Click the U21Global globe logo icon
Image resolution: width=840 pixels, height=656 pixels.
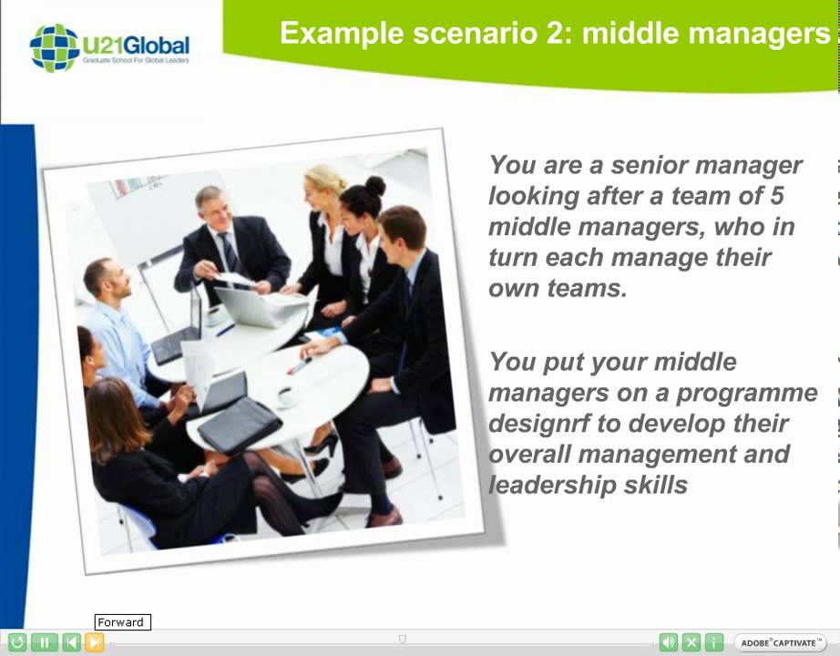54,47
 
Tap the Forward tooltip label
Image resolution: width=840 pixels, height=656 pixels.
122,622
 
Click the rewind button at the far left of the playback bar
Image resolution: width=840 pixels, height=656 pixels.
17,642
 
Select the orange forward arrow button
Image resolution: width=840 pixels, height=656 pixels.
94,642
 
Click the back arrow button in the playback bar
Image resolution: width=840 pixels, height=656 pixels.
71,642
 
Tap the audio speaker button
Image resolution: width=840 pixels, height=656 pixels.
669,642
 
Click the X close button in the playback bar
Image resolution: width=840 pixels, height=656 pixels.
691,642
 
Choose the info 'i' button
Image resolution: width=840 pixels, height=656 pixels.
714,642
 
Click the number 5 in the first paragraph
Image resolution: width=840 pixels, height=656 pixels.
775,196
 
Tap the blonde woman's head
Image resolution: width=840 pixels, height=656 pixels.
324,182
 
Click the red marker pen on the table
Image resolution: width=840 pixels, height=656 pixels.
299,365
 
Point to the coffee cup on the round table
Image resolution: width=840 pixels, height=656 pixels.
286,396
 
